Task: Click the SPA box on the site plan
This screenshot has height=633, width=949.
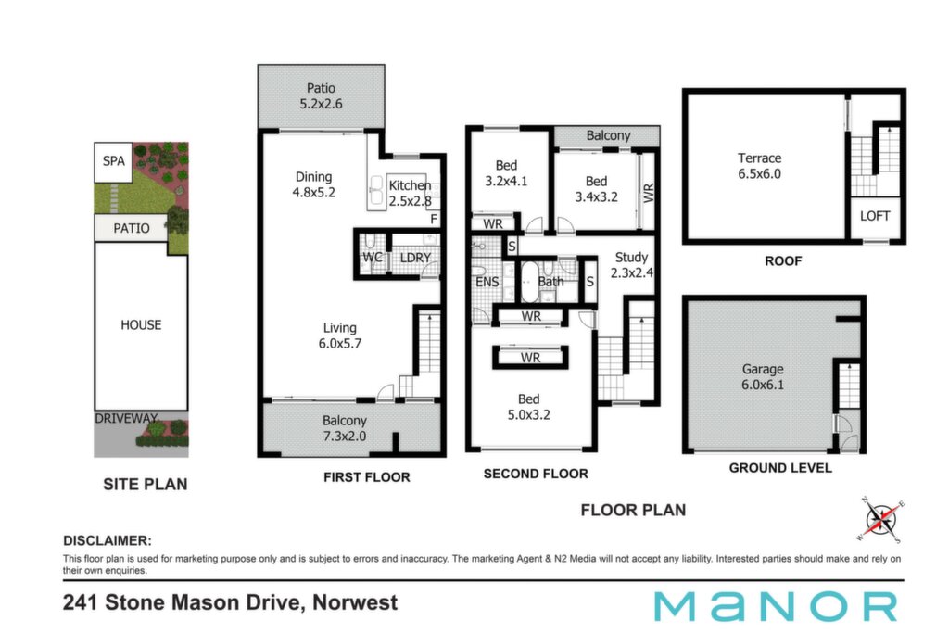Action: click(113, 161)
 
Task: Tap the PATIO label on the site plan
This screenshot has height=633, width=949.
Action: click(132, 228)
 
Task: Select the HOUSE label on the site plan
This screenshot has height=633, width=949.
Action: click(141, 325)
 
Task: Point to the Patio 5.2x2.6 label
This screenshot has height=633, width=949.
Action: click(321, 96)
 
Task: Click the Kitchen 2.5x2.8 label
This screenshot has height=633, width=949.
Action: click(410, 193)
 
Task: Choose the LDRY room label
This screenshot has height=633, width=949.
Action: click(415, 258)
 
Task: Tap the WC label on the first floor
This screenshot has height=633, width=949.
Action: click(373, 258)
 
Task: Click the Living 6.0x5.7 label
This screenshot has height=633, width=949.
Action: click(339, 335)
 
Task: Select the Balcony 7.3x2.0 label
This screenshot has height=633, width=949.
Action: click(345, 428)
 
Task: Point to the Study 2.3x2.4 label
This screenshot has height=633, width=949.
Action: click(631, 265)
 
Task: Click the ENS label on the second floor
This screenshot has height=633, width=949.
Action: click(487, 282)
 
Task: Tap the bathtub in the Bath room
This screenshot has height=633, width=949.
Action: click(529, 282)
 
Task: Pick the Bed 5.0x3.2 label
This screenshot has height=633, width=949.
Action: click(528, 407)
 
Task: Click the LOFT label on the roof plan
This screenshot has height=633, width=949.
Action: click(875, 216)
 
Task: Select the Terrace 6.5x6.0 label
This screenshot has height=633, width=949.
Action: click(759, 166)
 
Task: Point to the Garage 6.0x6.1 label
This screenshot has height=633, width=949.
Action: click(763, 377)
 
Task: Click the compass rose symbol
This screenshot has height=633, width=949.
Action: click(880, 520)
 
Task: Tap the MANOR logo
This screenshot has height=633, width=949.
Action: click(776, 606)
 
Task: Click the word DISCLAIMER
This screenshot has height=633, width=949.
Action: click(108, 540)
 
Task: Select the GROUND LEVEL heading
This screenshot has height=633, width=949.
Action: click(780, 468)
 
